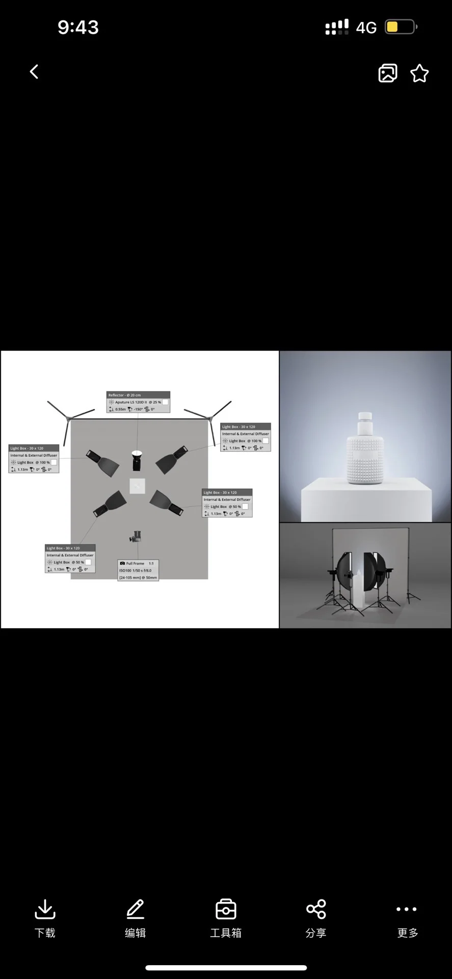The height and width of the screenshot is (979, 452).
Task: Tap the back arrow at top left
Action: pos(34,72)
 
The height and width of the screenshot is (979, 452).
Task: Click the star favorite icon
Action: pos(419,73)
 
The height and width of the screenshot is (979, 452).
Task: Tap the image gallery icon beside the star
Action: pos(388,73)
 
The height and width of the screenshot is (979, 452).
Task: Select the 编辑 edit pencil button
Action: pos(135,918)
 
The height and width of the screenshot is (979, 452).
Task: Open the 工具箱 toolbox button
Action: pos(226,918)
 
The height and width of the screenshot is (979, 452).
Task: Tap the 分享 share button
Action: pos(316,918)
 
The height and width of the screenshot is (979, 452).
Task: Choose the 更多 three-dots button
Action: pos(407,918)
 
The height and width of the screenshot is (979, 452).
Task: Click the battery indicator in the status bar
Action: pos(401,27)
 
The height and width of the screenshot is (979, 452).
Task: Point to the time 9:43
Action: pos(78,27)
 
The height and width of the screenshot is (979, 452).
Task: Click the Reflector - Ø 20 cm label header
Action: pos(138,395)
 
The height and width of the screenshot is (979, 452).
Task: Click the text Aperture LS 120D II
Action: pos(130,402)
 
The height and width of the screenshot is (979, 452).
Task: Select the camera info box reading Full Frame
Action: pos(138,570)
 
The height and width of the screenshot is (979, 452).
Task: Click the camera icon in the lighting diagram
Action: pos(135,536)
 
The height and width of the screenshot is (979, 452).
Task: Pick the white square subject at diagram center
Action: pos(138,486)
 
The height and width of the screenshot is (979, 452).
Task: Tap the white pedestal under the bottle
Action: pos(366,500)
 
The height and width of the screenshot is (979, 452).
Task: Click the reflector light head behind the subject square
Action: pos(137,460)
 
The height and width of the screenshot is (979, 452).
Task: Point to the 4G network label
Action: pos(366,28)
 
